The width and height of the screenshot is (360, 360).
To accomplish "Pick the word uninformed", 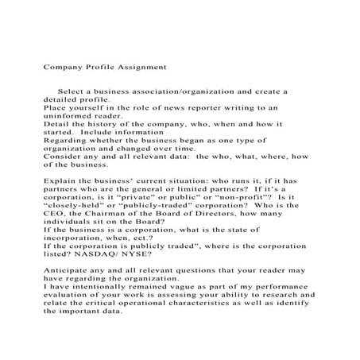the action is [68, 115].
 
